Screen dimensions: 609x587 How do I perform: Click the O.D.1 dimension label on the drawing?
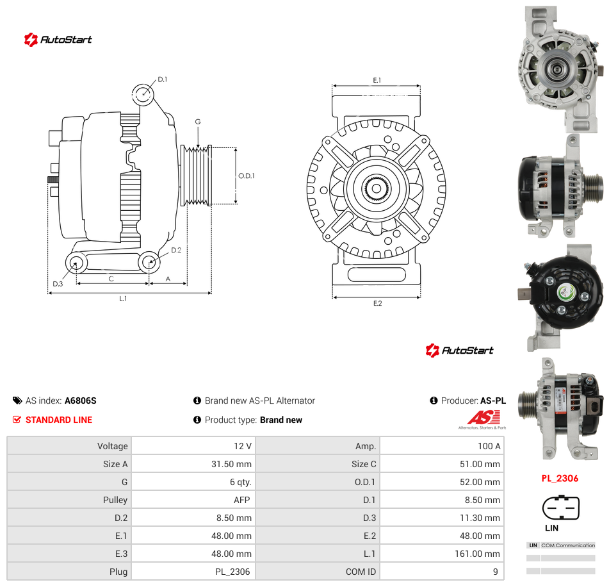click(247, 176)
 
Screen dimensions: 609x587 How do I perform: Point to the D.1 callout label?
click(163, 79)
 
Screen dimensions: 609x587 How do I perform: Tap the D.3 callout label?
click(58, 284)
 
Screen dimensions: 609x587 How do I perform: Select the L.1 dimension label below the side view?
click(123, 299)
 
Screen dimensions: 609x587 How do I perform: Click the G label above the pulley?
click(198, 122)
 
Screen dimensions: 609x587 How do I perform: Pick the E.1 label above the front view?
click(377, 80)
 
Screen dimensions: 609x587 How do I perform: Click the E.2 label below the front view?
click(378, 303)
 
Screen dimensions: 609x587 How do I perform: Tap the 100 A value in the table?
click(489, 446)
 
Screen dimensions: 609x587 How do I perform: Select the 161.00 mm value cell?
click(477, 554)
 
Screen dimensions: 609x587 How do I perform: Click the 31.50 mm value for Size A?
click(231, 464)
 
